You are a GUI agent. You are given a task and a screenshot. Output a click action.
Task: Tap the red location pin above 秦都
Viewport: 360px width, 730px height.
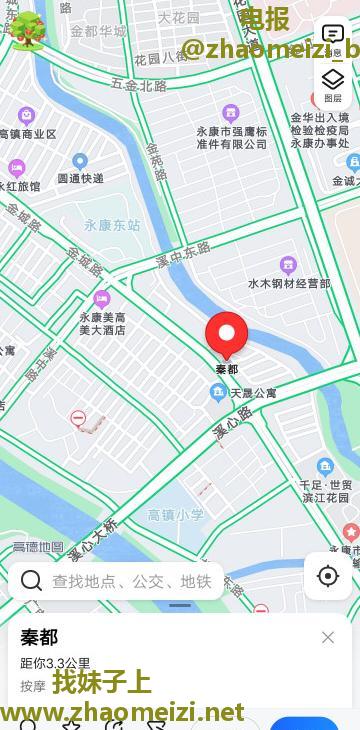tap(227, 334)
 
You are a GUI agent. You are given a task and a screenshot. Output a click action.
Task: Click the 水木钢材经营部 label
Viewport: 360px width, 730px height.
tap(289, 283)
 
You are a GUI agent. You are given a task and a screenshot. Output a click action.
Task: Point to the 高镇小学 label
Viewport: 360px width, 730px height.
tap(176, 515)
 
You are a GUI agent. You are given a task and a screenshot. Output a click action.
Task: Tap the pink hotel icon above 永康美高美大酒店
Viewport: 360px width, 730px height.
tap(101, 298)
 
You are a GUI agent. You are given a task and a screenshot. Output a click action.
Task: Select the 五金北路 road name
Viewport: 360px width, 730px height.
tap(139, 86)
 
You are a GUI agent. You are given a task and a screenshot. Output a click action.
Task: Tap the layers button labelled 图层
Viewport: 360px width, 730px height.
tap(333, 84)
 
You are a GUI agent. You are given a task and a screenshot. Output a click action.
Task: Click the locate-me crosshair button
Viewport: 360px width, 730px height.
tap(328, 576)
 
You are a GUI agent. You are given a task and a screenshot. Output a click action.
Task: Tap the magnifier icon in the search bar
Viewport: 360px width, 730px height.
tap(31, 581)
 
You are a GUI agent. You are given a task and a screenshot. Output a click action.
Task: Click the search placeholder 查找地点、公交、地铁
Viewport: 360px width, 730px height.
tap(131, 581)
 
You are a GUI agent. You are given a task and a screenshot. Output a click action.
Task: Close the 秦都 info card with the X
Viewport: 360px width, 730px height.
tap(328, 637)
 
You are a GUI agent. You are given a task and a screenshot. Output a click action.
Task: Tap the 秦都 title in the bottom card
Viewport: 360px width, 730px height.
tap(39, 638)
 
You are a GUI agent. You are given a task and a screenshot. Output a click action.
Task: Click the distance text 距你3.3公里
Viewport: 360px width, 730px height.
tap(55, 662)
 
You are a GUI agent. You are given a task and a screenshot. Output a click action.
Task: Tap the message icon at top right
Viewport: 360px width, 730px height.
tap(333, 35)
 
